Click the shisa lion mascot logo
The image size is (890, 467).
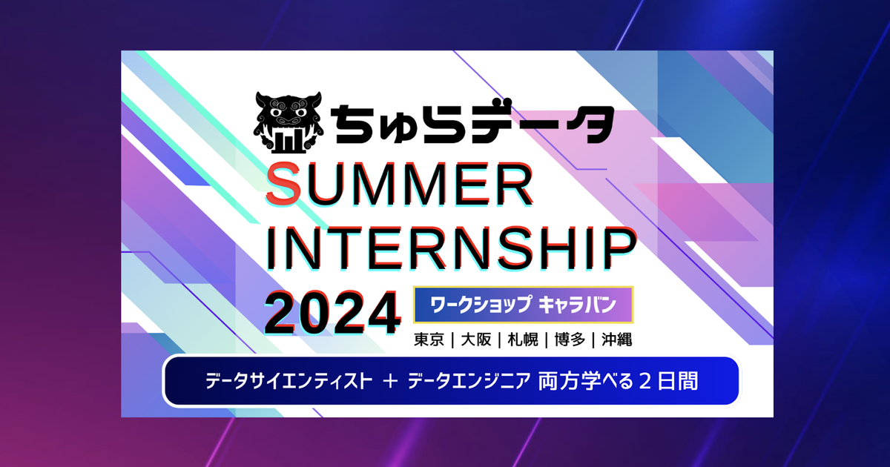tap(289, 122)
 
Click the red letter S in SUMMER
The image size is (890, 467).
tap(283, 185)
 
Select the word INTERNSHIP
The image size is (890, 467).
tap(452, 250)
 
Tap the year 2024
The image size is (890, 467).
tap(332, 313)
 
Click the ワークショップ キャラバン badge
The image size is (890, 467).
tap(524, 305)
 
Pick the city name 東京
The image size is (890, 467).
tap(429, 340)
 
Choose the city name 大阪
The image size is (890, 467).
tap(476, 340)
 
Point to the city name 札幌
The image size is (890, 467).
tap(523, 340)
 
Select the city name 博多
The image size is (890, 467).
tap(570, 340)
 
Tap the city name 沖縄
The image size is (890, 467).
tap(616, 340)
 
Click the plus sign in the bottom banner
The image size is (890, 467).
tap(391, 382)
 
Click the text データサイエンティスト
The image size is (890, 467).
tap(289, 381)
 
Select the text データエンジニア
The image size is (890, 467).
tap(469, 381)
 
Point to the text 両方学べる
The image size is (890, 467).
tap(586, 381)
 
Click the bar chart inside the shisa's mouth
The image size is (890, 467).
tap(289, 141)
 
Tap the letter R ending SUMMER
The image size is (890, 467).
tap(514, 185)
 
